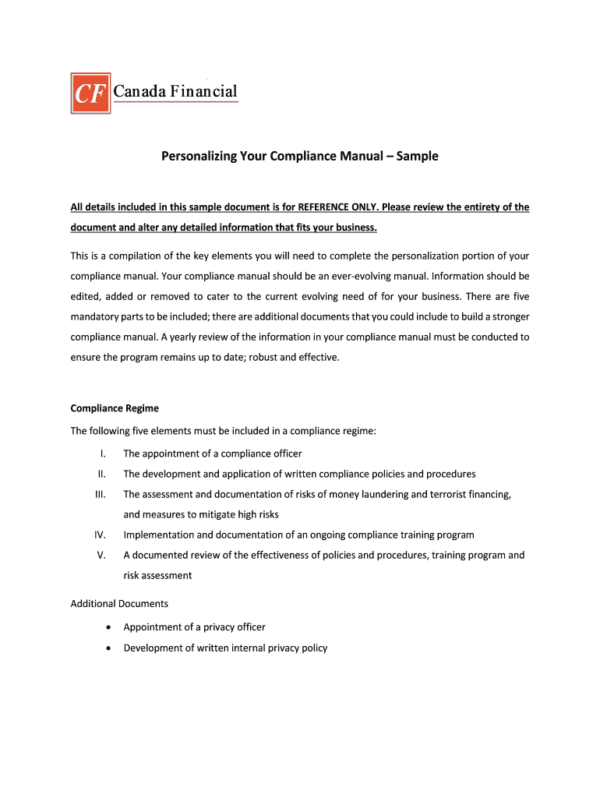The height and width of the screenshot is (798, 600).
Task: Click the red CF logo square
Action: (x=91, y=93)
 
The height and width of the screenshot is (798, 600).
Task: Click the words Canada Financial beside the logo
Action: (x=175, y=91)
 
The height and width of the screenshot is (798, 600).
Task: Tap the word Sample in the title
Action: (x=417, y=157)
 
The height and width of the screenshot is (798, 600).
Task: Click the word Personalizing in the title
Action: (x=199, y=157)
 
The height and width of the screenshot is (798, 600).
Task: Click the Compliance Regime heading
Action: (x=115, y=408)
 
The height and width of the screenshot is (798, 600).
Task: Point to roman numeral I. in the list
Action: (x=102, y=454)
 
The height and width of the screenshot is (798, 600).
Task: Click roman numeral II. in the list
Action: (x=101, y=474)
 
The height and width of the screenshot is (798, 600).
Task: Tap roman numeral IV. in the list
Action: (x=100, y=535)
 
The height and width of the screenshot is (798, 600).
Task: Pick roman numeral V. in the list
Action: (x=101, y=555)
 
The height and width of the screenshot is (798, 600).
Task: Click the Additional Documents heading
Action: (x=119, y=604)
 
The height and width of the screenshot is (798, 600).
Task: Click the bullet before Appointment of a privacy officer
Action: (x=106, y=627)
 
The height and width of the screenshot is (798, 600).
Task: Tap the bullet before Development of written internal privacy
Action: (x=106, y=648)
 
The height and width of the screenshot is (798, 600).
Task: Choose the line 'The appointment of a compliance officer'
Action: (x=212, y=454)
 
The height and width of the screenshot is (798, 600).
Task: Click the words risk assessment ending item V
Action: (x=157, y=575)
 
